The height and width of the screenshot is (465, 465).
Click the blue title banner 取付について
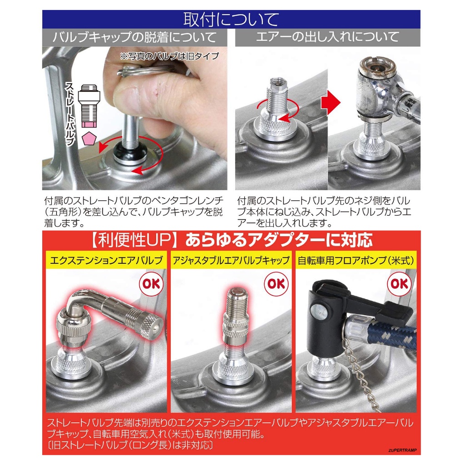click(231, 19)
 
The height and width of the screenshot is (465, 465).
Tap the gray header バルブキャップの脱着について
click(134, 37)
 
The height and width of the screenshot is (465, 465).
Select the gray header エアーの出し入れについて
click(328, 37)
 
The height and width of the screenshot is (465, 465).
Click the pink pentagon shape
click(89, 138)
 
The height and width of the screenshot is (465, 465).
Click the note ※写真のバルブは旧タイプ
click(170, 56)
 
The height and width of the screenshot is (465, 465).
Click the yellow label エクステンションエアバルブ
click(106, 260)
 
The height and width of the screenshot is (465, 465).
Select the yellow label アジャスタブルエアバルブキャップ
click(231, 260)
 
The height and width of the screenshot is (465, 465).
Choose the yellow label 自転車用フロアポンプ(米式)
click(356, 260)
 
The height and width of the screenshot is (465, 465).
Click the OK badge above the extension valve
click(151, 284)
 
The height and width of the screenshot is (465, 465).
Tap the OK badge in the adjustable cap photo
click(276, 284)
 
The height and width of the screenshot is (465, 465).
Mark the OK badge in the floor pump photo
click(399, 284)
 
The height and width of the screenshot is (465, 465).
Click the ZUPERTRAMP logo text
click(402, 450)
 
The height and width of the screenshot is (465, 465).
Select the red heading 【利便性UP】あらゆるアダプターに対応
click(231, 240)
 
